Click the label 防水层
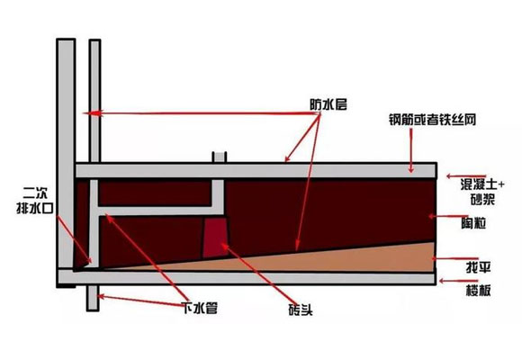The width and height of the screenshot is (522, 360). [x=328, y=105]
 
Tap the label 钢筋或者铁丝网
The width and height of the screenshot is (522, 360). [x=432, y=120]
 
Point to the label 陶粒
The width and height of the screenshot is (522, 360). [x=473, y=223]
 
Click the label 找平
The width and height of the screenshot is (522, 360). [x=479, y=267]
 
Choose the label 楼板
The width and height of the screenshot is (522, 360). [x=479, y=291]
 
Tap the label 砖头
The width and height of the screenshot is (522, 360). [x=301, y=310]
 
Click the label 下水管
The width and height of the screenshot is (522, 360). [x=200, y=308]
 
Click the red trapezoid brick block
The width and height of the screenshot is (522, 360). [x=215, y=238]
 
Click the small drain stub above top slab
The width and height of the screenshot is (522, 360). [x=220, y=157]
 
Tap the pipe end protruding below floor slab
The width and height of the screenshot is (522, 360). [x=93, y=298]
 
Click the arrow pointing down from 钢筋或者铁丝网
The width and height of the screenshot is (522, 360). [x=411, y=150]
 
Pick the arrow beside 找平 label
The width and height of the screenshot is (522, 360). [x=455, y=258]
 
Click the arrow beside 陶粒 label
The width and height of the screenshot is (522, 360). [x=448, y=217]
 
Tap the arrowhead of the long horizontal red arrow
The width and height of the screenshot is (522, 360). [x=92, y=113]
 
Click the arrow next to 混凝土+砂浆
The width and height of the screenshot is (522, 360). [x=466, y=176]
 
